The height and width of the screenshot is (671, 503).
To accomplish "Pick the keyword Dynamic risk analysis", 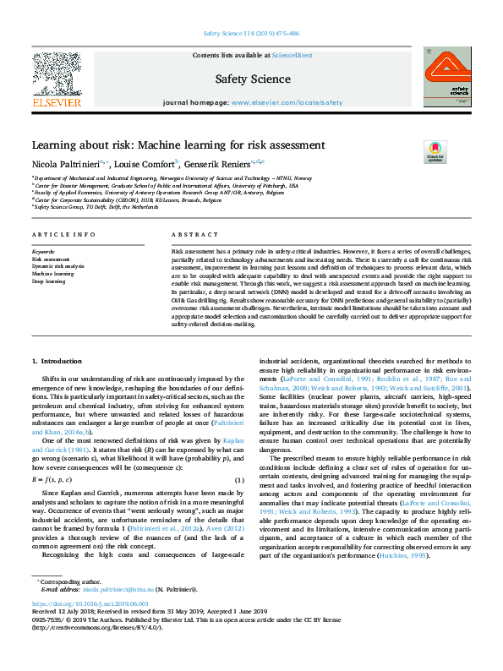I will pyautogui.click(x=57, y=266).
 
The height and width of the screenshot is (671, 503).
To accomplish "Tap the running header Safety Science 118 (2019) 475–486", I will pyautogui.click(x=251, y=34).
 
